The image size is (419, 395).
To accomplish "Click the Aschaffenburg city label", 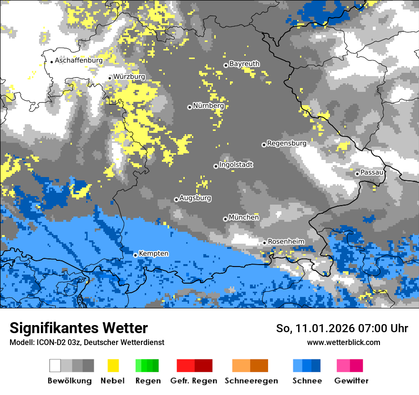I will click(x=79, y=61).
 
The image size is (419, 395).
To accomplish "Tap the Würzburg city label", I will click(x=129, y=77).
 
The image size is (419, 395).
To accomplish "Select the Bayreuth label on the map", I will click(x=244, y=64).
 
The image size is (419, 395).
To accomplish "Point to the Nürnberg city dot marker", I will click(x=190, y=107).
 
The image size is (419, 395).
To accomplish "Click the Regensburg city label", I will click(x=287, y=143).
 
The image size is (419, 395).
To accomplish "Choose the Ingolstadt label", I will click(x=236, y=165).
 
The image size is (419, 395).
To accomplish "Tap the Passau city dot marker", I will click(x=357, y=173).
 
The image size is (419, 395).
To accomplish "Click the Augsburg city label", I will click(x=195, y=198).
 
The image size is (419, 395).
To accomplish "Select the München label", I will click(x=244, y=217).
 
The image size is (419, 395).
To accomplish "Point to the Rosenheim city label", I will click(x=286, y=242).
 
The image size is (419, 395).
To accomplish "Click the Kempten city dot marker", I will click(x=135, y=255).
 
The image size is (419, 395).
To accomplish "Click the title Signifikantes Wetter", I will click(x=79, y=328).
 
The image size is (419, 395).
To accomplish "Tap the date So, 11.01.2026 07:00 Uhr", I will click(x=342, y=328).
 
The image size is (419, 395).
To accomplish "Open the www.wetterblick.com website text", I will click(x=343, y=342).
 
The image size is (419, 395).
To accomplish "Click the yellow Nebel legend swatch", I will click(x=113, y=365).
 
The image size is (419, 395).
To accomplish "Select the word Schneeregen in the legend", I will click(x=251, y=381).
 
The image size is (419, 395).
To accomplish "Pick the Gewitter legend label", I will click(x=351, y=381).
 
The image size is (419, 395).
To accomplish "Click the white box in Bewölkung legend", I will click(x=55, y=365).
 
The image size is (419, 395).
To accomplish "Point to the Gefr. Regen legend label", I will click(x=193, y=381).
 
